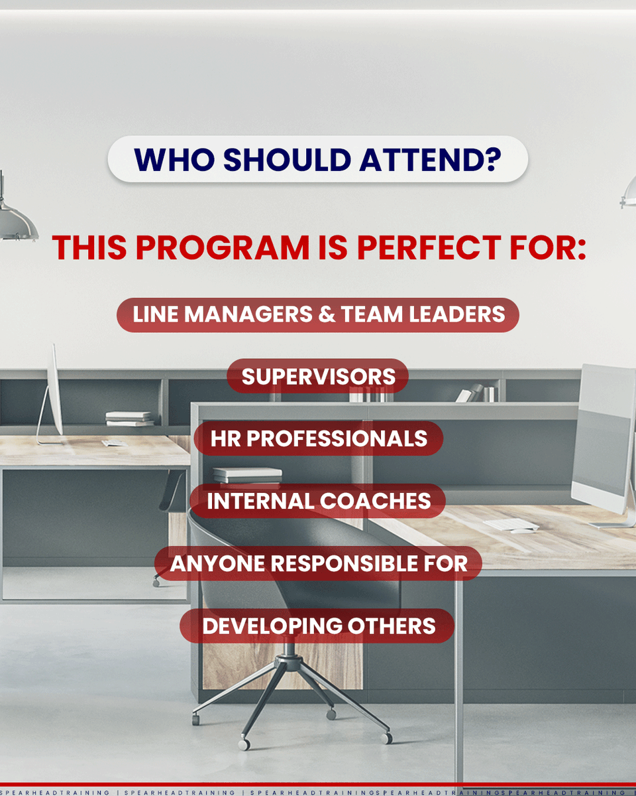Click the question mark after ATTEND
pos(491,161)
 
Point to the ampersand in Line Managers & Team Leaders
pos(327,315)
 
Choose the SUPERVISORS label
pos(318,377)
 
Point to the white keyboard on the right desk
pos(511,524)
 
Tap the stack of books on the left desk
pos(129,419)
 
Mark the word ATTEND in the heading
pos(417,161)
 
